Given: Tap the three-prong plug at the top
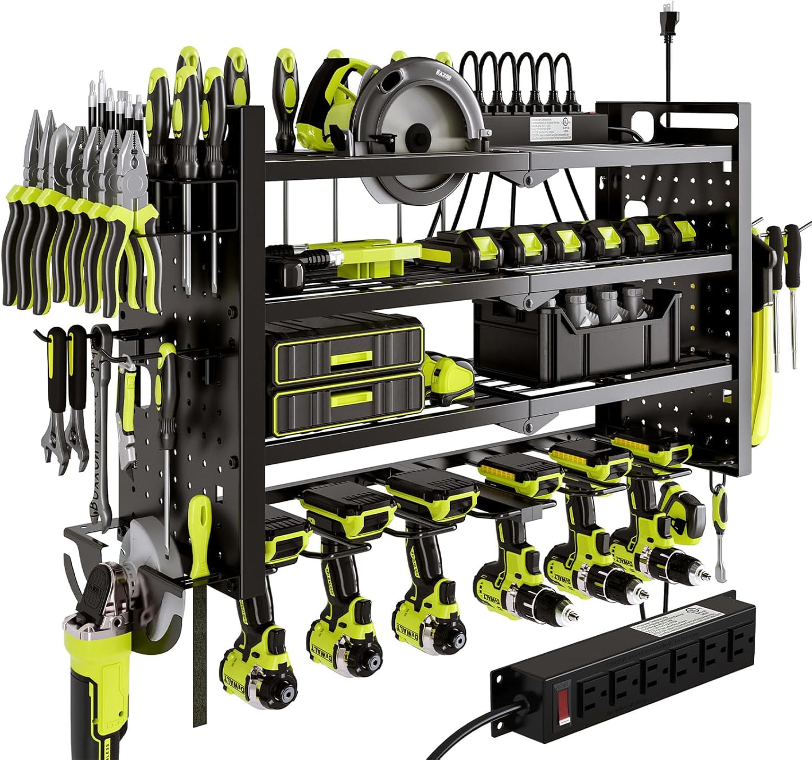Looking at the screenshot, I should (x=668, y=22).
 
